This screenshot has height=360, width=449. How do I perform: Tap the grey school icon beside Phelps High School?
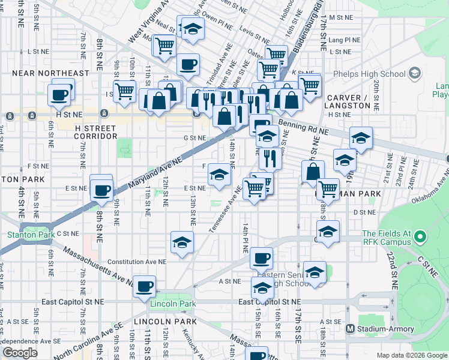pyautogui.click(x=415, y=74)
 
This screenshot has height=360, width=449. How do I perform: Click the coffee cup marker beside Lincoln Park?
pyautogui.click(x=143, y=286)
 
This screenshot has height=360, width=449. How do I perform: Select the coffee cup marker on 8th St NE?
pyautogui.click(x=101, y=191)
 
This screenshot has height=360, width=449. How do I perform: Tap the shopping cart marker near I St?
pyautogui.click(x=124, y=91)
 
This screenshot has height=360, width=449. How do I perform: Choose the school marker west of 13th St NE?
pyautogui.click(x=182, y=242)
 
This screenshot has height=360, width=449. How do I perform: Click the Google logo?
pyautogui.click(x=20, y=353)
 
